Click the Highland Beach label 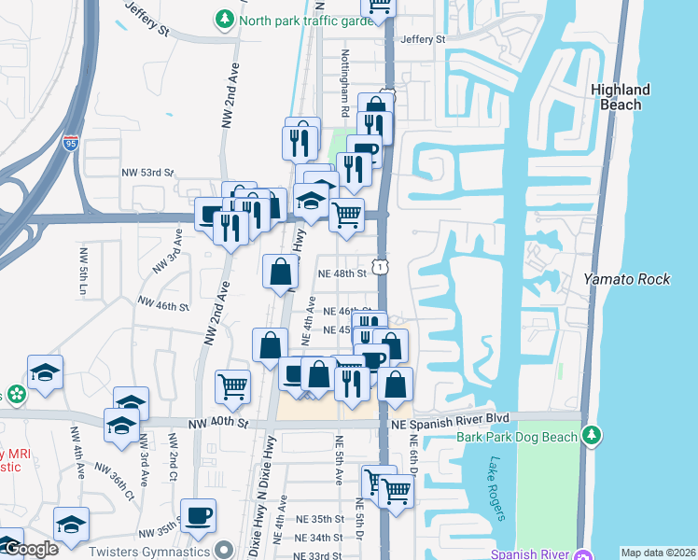click(x=621, y=97)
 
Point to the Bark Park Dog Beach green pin click(x=590, y=436)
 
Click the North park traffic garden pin click(x=225, y=19)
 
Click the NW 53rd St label click(x=148, y=173)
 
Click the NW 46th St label click(x=163, y=303)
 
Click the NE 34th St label click(x=314, y=538)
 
